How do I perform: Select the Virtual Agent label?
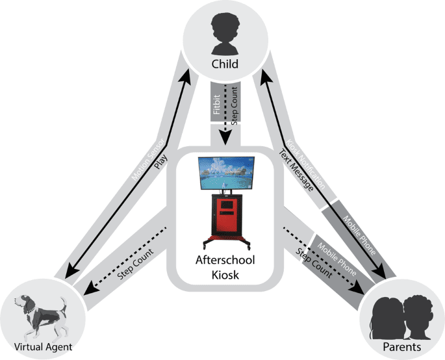click(43, 347)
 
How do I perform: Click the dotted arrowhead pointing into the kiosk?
click(223, 142)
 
